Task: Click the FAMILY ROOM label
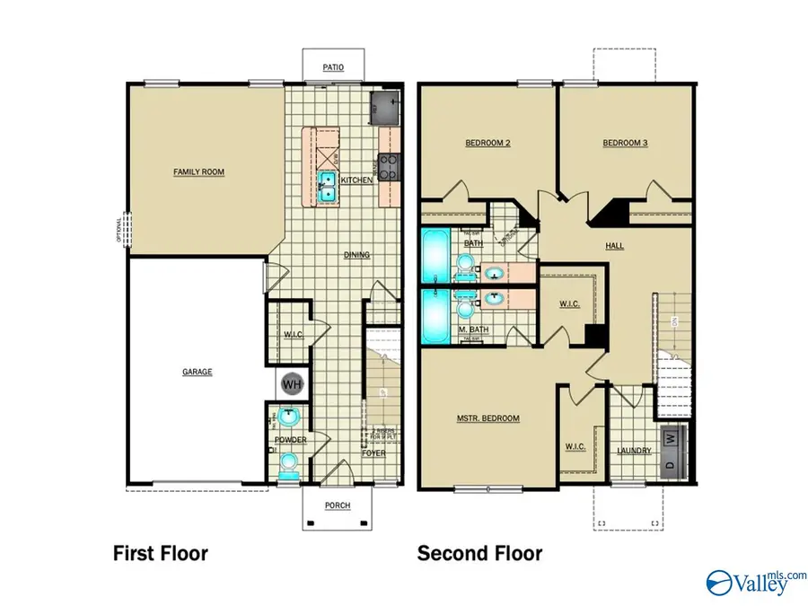[198, 171]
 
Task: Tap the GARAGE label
[198, 372]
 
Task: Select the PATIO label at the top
[333, 66]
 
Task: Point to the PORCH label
[338, 505]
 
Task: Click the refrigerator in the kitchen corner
[384, 108]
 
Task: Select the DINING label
[356, 255]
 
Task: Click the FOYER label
[373, 453]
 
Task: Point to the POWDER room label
[292, 440]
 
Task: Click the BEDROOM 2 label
[487, 143]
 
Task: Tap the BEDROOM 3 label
[625, 143]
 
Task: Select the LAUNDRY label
[634, 451]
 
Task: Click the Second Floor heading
[479, 553]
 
